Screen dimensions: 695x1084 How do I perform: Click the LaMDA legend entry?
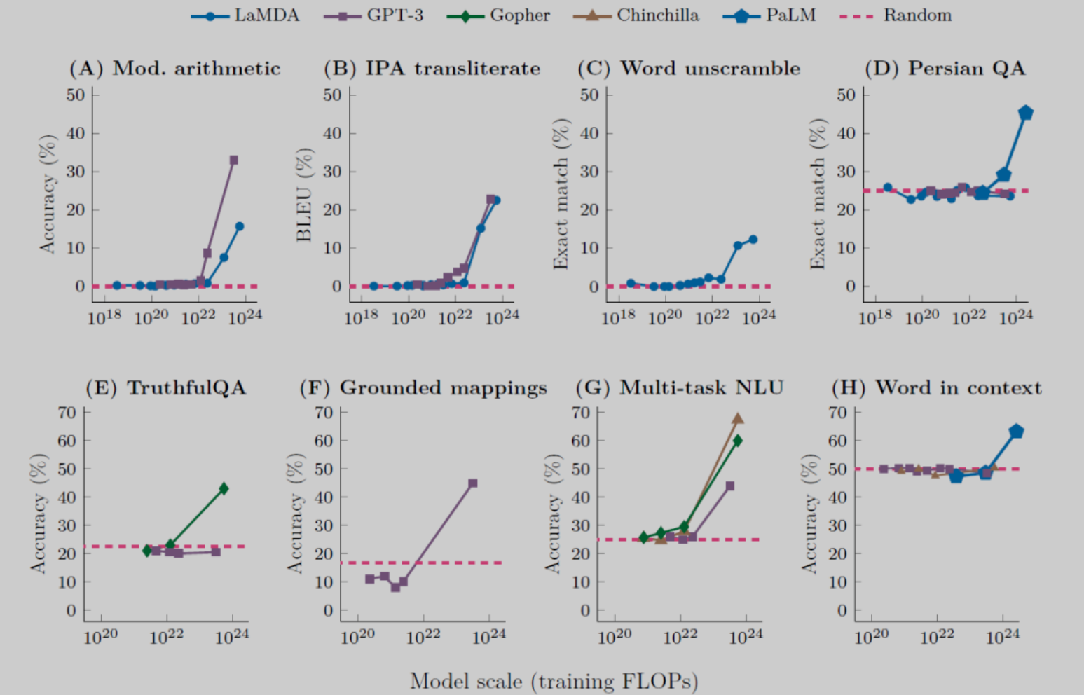(245, 15)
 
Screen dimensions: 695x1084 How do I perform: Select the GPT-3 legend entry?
(374, 15)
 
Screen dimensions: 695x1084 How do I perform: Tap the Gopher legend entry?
(499, 15)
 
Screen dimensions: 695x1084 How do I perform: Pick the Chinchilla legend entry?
(636, 15)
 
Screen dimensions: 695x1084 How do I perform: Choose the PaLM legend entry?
(770, 15)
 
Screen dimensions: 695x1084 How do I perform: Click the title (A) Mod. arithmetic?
(174, 68)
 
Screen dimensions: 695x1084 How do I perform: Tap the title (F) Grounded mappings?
(423, 387)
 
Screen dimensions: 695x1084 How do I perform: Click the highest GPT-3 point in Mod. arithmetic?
(234, 160)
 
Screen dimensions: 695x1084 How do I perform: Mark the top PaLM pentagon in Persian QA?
(1026, 113)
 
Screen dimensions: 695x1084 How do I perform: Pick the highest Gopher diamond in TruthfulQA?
(224, 488)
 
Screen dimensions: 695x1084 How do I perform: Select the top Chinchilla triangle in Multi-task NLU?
(738, 418)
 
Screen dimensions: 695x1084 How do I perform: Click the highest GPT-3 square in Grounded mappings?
(473, 483)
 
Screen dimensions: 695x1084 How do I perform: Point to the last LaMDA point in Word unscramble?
(753, 240)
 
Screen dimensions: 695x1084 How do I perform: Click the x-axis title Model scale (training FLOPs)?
(554, 681)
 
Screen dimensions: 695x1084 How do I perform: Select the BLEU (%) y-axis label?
(303, 195)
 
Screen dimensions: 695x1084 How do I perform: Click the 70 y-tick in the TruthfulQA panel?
(67, 413)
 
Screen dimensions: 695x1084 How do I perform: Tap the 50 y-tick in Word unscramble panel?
(589, 95)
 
